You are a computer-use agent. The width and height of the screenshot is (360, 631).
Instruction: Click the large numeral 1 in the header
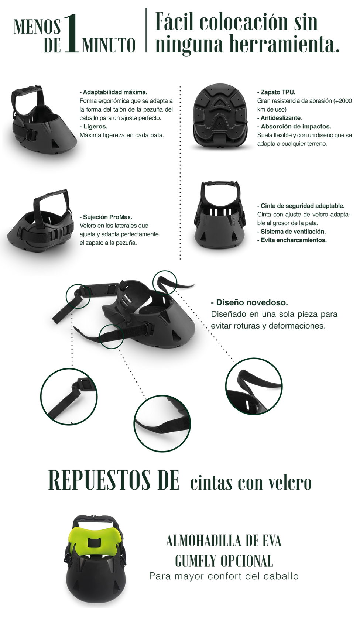pyautogui.click(x=71, y=34)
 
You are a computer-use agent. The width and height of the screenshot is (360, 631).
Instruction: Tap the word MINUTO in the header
pyautogui.click(x=109, y=45)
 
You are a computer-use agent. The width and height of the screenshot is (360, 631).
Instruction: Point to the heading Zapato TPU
pyautogui.click(x=276, y=92)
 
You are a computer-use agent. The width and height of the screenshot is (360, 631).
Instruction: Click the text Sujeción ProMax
pyautogui.click(x=106, y=217)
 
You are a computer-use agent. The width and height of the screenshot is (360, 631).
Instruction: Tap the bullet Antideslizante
pyautogui.click(x=280, y=118)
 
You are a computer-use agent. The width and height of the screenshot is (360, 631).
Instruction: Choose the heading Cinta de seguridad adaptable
pyautogui.click(x=301, y=206)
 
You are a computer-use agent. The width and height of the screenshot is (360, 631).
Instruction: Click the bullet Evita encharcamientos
pyautogui.click(x=292, y=240)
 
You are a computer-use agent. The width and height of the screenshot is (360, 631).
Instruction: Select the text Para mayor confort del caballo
pyautogui.click(x=224, y=576)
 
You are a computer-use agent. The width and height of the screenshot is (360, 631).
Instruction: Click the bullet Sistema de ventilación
pyautogui.click(x=291, y=232)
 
